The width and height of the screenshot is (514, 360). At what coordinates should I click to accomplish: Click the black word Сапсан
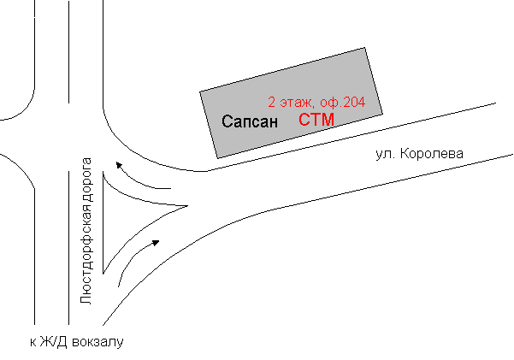[250, 121]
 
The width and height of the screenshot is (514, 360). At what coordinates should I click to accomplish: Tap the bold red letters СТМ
[316, 120]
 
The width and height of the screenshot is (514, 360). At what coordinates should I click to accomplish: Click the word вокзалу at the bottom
[99, 342]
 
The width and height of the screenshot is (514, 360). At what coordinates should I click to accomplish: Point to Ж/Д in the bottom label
[55, 342]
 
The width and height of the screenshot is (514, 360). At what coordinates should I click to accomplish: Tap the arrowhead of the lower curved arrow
[157, 241]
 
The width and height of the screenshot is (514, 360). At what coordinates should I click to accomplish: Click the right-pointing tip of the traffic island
[186, 205]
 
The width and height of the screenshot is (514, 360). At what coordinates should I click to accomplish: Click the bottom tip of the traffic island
[103, 273]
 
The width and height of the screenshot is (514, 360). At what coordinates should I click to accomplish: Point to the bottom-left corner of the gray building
[219, 156]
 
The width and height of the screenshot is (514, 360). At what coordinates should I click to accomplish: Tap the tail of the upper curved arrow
[171, 188]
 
